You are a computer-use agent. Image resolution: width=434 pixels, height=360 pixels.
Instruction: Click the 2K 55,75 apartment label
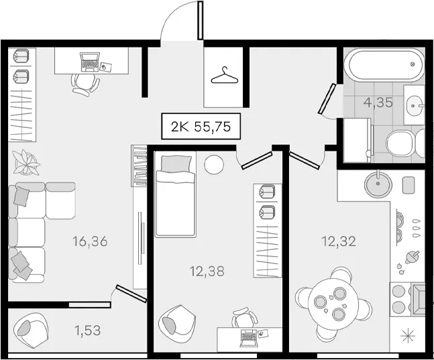tap(201, 126)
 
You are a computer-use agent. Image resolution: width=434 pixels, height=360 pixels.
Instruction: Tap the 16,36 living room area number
tap(90, 241)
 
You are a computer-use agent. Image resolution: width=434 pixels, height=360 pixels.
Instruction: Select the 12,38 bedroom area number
tap(207, 272)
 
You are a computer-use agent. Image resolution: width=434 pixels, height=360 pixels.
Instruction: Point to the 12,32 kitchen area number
tap(339, 241)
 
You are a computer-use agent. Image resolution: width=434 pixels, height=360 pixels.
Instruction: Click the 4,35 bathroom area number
tap(378, 103)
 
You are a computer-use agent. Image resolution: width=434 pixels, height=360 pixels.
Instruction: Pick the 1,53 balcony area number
tap(87, 330)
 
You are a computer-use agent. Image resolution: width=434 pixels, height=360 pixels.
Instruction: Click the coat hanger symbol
tap(225, 76)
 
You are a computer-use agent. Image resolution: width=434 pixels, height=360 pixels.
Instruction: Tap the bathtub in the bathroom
tap(386, 65)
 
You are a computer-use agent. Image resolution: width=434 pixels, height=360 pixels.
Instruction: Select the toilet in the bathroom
tap(405, 143)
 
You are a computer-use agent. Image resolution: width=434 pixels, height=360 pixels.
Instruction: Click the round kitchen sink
tap(378, 183)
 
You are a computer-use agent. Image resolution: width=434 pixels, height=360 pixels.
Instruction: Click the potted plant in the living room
tap(26, 163)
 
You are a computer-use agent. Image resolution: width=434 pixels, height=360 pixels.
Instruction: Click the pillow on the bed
tap(176, 164)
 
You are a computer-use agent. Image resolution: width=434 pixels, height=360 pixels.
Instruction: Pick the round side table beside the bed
tap(214, 165)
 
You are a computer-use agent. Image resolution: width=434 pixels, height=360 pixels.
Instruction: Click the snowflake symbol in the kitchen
tap(409, 337)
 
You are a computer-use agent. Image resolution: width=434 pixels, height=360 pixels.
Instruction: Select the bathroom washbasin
tap(414, 105)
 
